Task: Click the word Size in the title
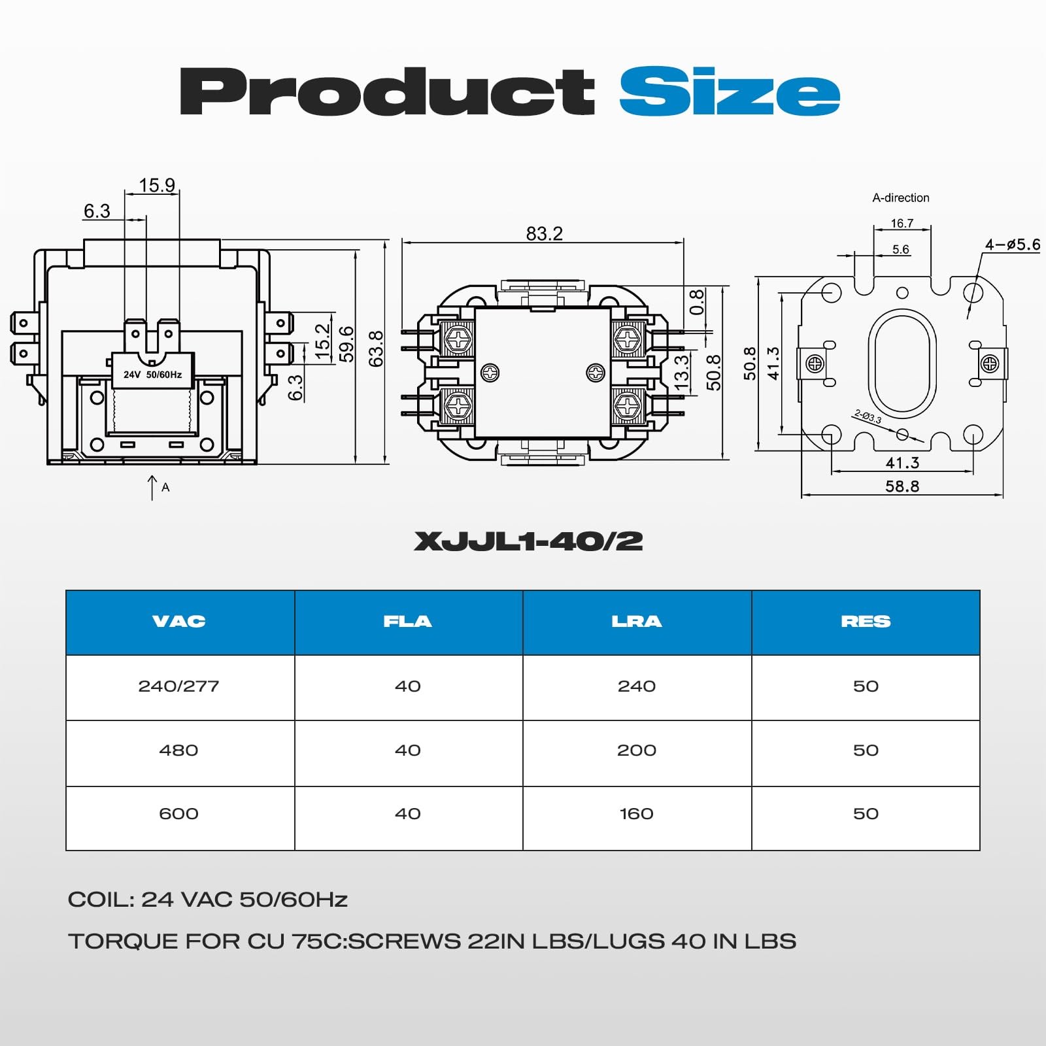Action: pyautogui.click(x=730, y=92)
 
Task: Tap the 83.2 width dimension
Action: pyautogui.click(x=545, y=233)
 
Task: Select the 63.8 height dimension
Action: pyautogui.click(x=376, y=348)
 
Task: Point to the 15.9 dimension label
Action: pyautogui.click(x=157, y=185)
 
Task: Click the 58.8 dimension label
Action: pyautogui.click(x=902, y=486)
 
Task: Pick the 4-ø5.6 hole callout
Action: pyautogui.click(x=1013, y=245)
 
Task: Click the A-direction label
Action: pyautogui.click(x=901, y=197)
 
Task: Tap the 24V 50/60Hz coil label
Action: pyautogui.click(x=152, y=375)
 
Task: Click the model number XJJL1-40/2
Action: pyautogui.click(x=528, y=541)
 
